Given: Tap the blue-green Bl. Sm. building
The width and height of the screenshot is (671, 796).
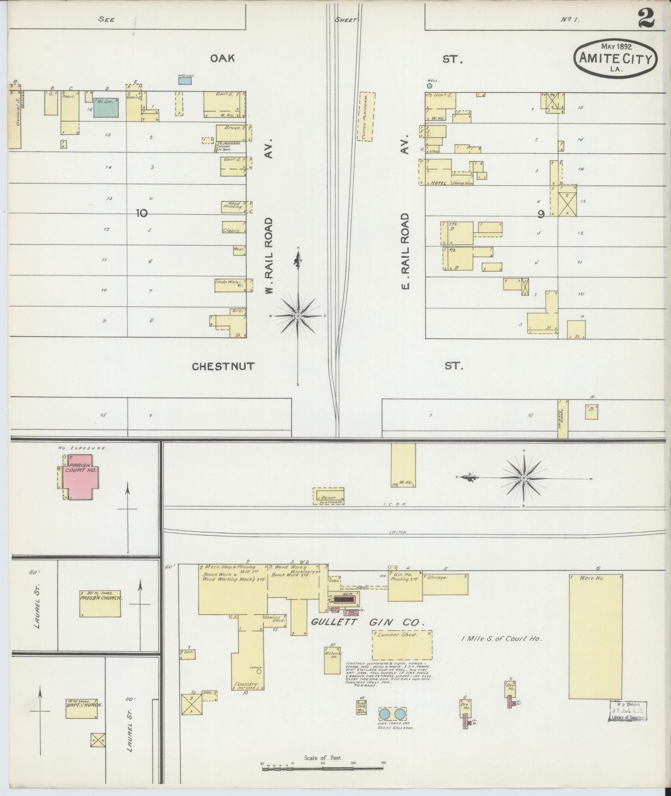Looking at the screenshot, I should click(x=106, y=107).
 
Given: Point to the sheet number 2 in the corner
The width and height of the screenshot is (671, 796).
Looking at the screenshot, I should click(x=646, y=19).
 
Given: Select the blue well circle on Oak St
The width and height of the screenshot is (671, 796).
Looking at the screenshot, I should click(x=430, y=86).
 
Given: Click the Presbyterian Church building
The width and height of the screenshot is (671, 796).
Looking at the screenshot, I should click(x=100, y=603).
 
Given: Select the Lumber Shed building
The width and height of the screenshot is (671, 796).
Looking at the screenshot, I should click(x=402, y=644).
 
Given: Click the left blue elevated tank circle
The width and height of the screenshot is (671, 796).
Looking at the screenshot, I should click(x=384, y=713).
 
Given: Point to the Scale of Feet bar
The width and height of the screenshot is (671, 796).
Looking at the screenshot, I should click(x=324, y=769).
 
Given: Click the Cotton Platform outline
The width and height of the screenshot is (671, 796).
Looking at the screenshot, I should click(x=365, y=116).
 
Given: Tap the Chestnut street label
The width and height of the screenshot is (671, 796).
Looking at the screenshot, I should click(x=223, y=366).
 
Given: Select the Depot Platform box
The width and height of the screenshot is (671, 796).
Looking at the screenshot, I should click(x=328, y=496).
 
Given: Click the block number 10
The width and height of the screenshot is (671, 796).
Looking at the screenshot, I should click(x=142, y=213).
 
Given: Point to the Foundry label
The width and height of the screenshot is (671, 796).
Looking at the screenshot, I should click(x=246, y=684).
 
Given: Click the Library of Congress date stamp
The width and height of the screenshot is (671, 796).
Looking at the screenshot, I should click(x=627, y=711).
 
